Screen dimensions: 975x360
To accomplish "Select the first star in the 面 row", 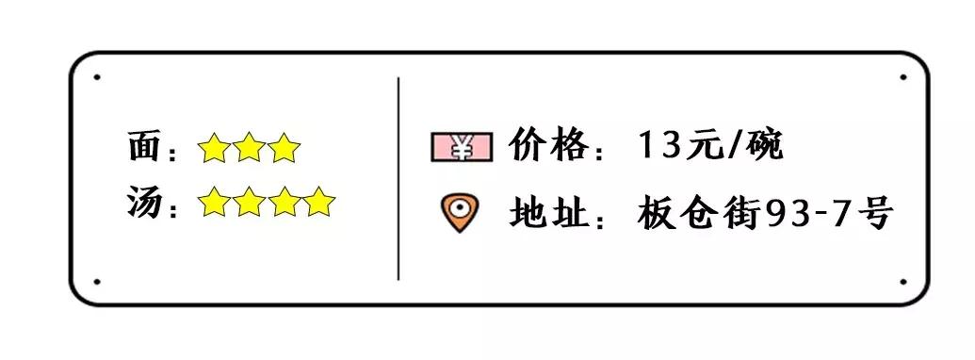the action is (214, 148).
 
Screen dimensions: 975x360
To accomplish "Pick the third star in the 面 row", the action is (284, 148).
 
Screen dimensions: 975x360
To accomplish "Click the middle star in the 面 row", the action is (249, 148).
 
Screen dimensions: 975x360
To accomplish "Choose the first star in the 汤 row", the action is (214, 202).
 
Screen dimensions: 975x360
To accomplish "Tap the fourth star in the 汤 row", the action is (319, 202).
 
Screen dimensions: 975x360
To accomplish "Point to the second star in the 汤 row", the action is (249, 202).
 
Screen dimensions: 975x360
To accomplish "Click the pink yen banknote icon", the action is (462, 147).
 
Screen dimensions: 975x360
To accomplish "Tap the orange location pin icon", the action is (460, 211).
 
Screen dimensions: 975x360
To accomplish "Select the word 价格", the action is (546, 145).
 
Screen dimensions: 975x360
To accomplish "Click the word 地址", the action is (546, 212).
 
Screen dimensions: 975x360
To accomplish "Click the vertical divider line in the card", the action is (398, 179).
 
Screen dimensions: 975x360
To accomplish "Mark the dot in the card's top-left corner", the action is (97, 77).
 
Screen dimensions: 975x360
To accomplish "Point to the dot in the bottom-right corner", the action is (902, 281).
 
